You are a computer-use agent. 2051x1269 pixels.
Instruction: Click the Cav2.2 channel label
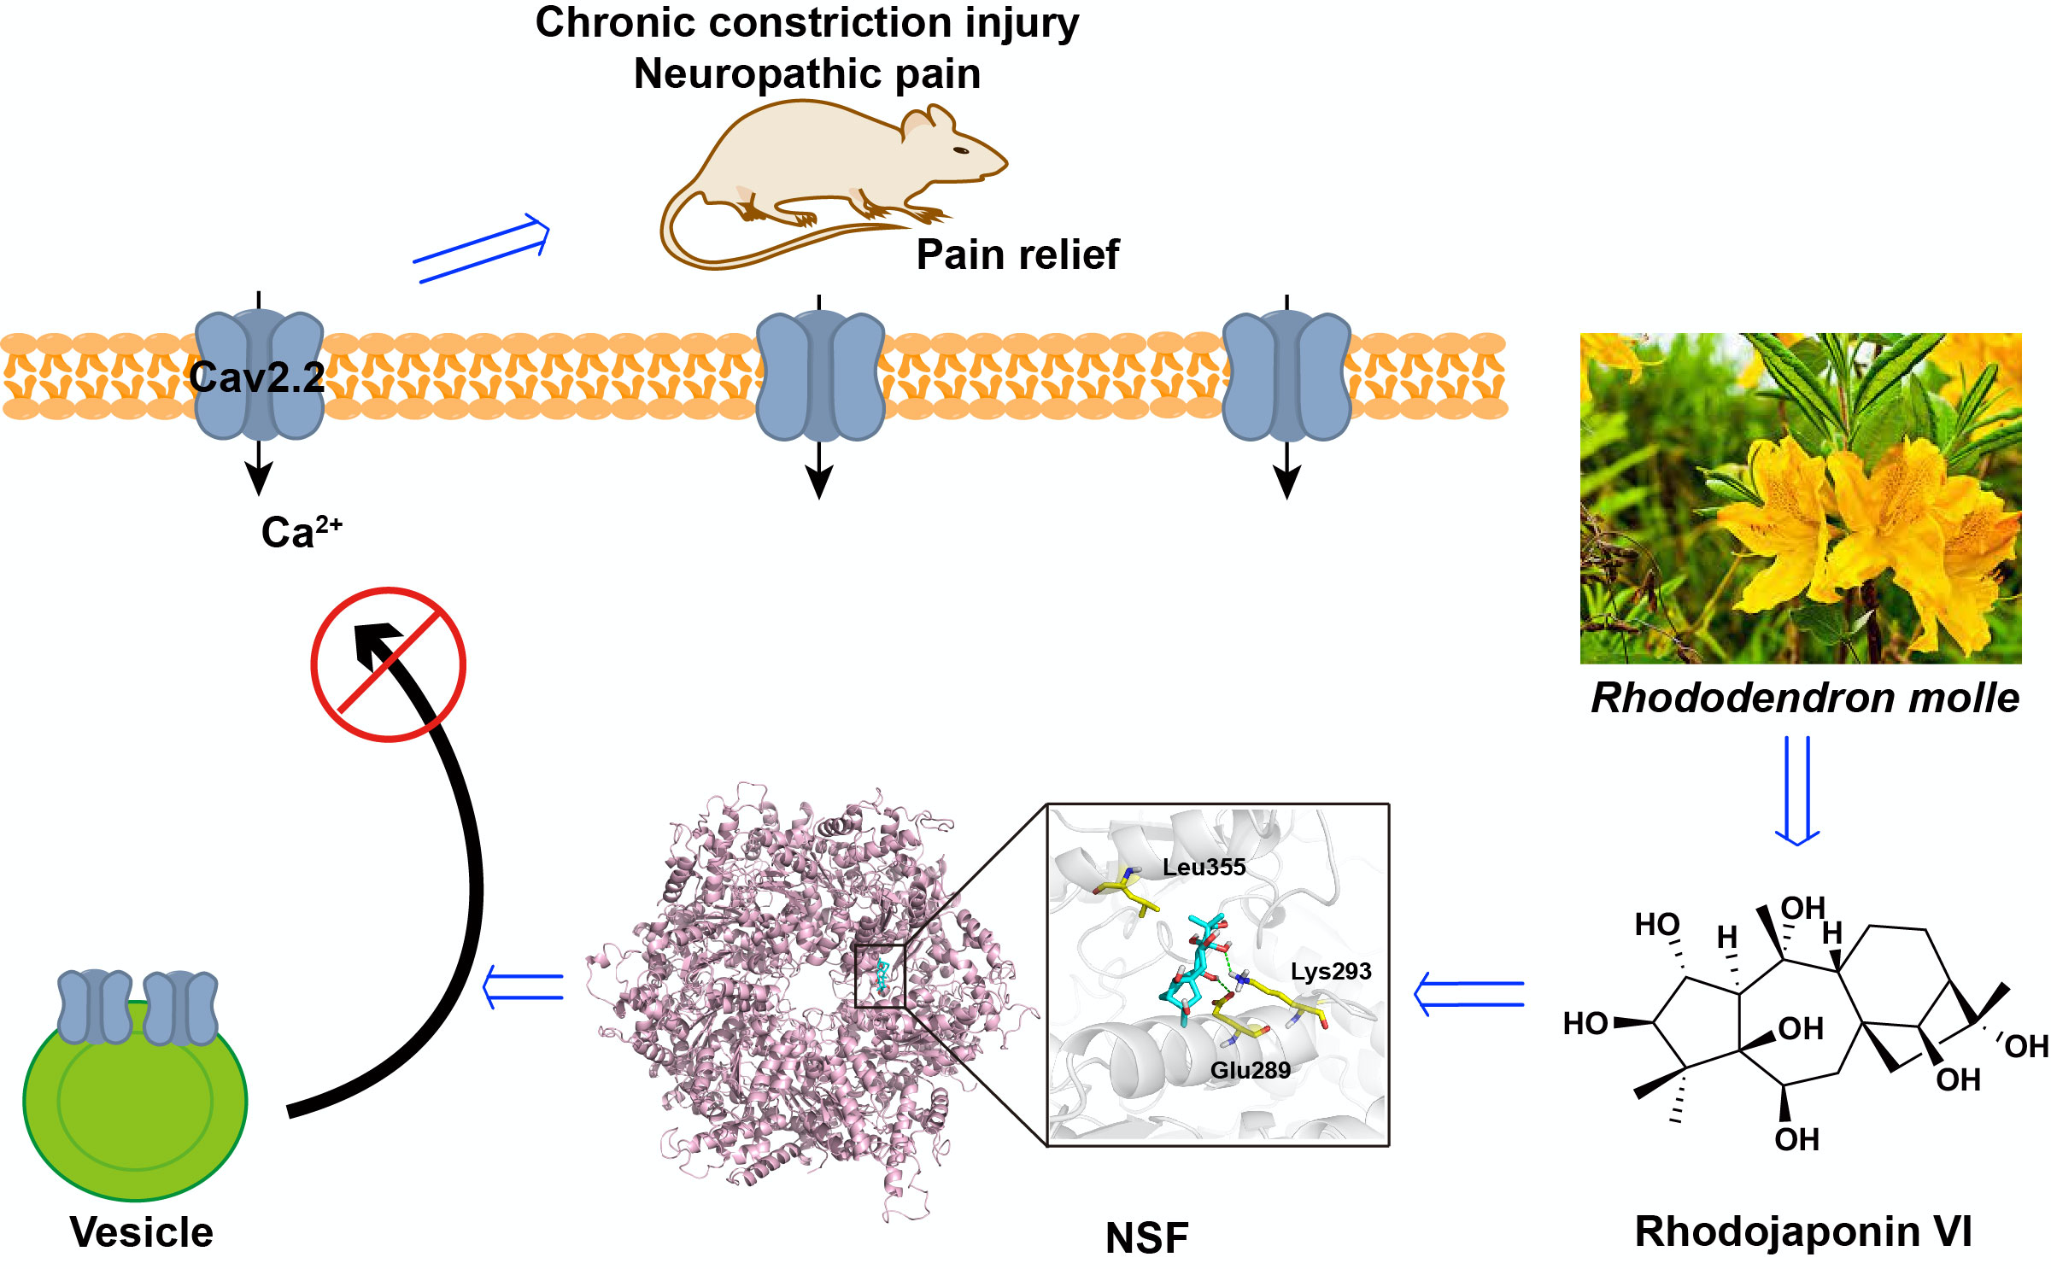click(x=256, y=377)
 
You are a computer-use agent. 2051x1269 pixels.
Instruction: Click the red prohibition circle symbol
click(x=388, y=664)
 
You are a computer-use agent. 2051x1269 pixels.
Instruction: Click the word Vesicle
click(x=142, y=1232)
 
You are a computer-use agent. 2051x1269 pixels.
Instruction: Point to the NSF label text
click(x=1146, y=1237)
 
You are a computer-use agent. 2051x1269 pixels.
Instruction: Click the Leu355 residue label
click(x=1204, y=868)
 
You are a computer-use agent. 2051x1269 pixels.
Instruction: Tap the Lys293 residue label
click(x=1330, y=972)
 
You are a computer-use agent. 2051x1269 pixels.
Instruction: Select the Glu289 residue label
click(x=1250, y=1070)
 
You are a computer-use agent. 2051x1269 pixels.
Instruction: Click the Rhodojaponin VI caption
click(x=1803, y=1231)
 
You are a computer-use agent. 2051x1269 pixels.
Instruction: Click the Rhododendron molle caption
click(x=1805, y=698)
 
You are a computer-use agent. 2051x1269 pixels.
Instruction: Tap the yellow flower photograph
click(x=1800, y=498)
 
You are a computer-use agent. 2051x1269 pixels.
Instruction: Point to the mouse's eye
click(x=961, y=151)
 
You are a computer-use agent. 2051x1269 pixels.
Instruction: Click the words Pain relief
click(x=1017, y=254)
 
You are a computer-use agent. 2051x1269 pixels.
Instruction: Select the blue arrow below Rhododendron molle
click(x=1796, y=790)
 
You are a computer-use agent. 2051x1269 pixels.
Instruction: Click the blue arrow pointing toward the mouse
click(x=481, y=249)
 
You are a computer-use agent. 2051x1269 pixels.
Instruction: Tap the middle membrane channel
click(x=819, y=377)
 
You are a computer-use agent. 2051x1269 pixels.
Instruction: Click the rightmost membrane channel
click(x=1286, y=377)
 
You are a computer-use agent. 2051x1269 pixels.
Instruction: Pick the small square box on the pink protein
click(x=879, y=976)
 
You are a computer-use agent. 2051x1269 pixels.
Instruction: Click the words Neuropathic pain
click(x=806, y=73)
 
